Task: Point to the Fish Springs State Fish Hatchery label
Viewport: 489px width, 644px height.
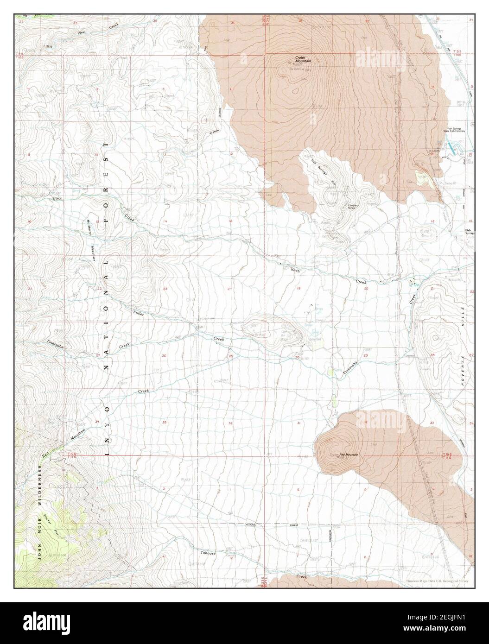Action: (x=456, y=131)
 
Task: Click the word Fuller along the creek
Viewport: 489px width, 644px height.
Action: (x=138, y=314)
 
